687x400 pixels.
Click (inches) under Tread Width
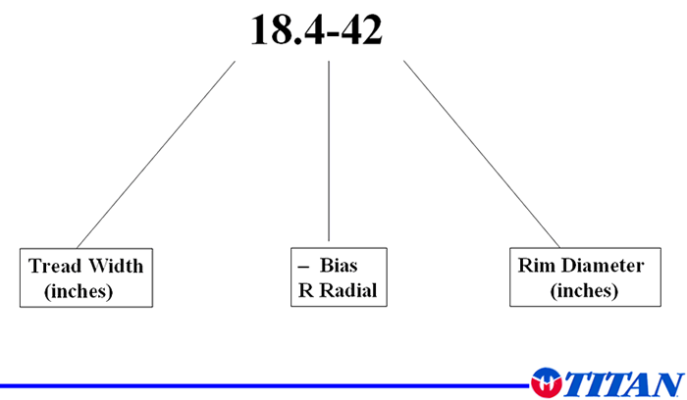[79, 291]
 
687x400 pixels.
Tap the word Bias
[339, 267]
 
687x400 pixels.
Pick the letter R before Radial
[303, 291]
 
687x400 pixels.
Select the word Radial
[345, 291]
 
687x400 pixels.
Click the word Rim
[535, 266]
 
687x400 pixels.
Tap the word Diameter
[600, 266]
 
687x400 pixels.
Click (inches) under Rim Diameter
[584, 290]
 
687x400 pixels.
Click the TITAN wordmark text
[622, 381]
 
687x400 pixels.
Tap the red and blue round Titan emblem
[546, 380]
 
